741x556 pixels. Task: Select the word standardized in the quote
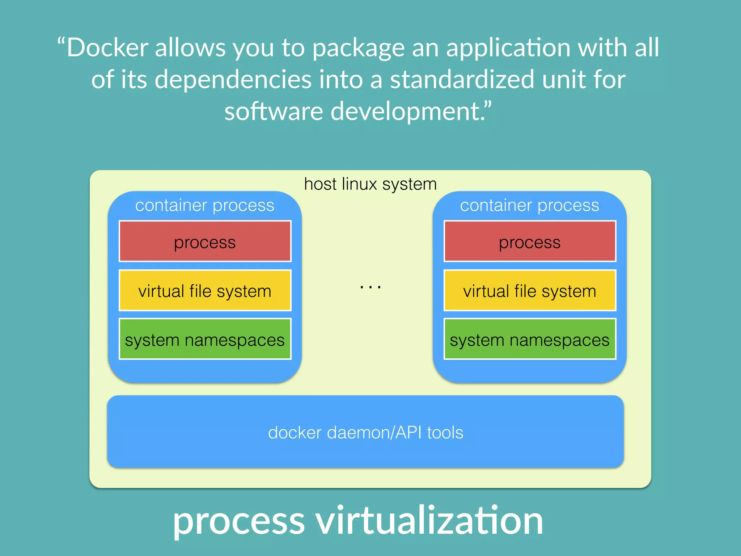pyautogui.click(x=462, y=80)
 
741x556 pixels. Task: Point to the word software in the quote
pyautogui.click(x=273, y=111)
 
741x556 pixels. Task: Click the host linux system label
pyautogui.click(x=370, y=184)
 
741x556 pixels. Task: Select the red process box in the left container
pyautogui.click(x=205, y=242)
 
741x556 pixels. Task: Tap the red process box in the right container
pyautogui.click(x=530, y=242)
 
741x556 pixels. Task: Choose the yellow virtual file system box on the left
pyautogui.click(x=205, y=291)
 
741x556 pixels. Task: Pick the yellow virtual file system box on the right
pyautogui.click(x=530, y=291)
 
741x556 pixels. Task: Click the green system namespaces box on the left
pyautogui.click(x=205, y=340)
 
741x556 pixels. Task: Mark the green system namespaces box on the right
pyautogui.click(x=530, y=340)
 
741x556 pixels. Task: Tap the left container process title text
pyautogui.click(x=205, y=206)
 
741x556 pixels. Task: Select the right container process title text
pyautogui.click(x=530, y=206)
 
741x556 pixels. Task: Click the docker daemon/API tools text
pyautogui.click(x=365, y=433)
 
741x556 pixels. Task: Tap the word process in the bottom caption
pyautogui.click(x=239, y=521)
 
